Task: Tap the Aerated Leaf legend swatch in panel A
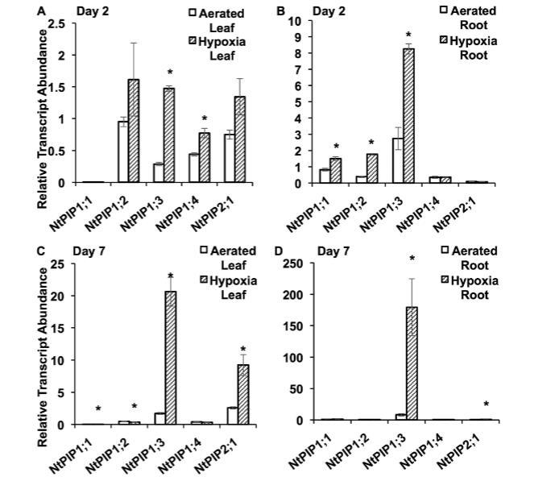pos(193,14)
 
